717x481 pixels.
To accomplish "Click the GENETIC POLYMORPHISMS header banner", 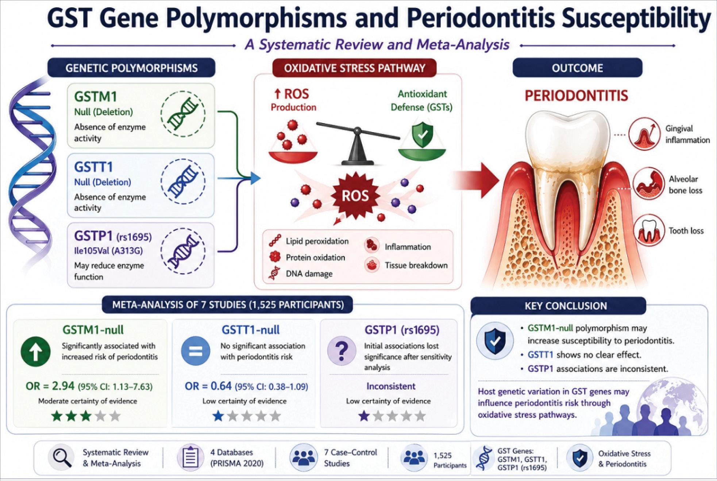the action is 131,68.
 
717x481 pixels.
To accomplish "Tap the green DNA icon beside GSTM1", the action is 183,114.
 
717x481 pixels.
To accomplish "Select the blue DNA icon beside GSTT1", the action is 183,181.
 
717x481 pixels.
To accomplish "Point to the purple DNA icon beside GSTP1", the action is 183,251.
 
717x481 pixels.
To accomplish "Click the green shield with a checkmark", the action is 422,135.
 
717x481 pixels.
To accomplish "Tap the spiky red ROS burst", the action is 355,196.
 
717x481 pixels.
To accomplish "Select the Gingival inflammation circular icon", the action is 644,134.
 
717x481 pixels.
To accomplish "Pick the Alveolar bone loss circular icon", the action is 648,184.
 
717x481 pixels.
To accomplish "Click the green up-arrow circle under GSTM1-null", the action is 36,351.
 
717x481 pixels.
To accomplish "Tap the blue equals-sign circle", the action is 196,351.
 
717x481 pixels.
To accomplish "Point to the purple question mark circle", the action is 342,351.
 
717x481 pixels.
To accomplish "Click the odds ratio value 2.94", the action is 63,386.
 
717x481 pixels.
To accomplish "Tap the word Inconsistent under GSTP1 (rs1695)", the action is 391,386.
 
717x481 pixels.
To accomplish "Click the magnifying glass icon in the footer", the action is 62,458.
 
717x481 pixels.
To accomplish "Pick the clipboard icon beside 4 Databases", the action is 190,457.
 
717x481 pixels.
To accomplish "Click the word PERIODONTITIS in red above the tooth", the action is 577,96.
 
